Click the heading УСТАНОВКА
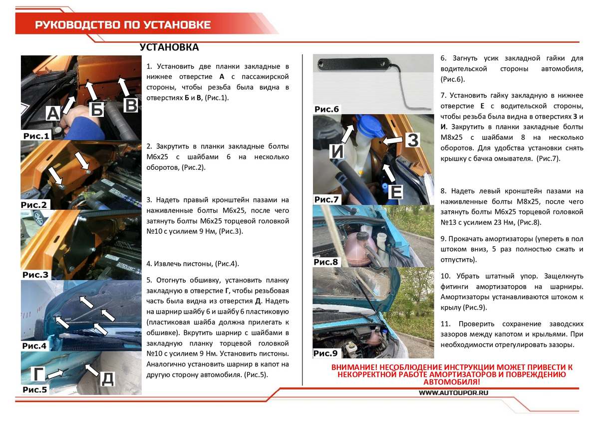click(169, 47)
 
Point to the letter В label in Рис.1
click(130, 105)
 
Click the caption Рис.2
click(34, 205)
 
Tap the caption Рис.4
click(34, 346)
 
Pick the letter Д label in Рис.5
click(107, 378)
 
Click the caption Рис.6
click(326, 109)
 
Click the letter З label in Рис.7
click(412, 140)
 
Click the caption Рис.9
click(326, 354)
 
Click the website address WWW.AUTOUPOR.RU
click(453, 393)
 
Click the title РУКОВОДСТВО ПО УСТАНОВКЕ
click(122, 25)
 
